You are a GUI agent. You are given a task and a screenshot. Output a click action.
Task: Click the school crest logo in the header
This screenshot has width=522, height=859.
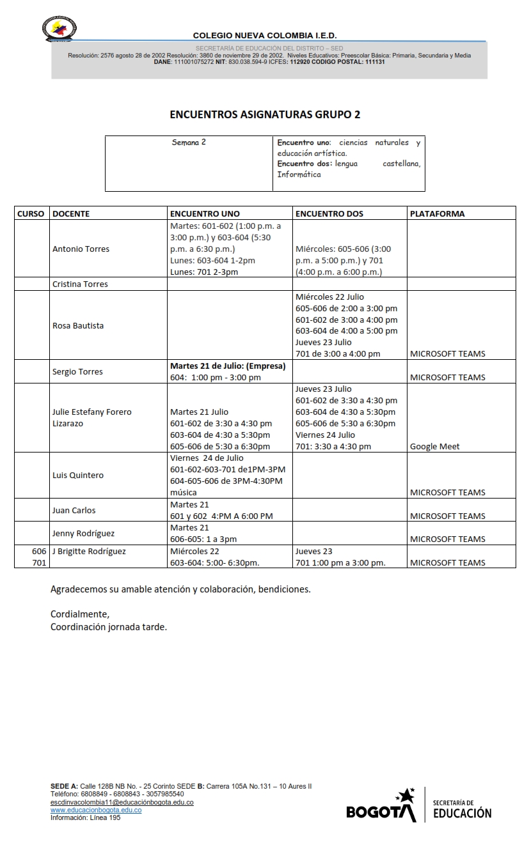click(x=59, y=29)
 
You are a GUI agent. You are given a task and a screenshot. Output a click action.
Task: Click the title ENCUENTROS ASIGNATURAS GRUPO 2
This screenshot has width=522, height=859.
click(x=265, y=115)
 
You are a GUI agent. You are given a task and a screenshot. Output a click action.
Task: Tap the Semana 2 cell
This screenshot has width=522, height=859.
click(x=189, y=143)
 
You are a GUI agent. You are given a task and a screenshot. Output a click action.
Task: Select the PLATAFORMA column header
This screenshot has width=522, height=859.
click(x=437, y=213)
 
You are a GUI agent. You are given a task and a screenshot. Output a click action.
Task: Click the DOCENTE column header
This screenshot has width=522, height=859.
click(x=71, y=213)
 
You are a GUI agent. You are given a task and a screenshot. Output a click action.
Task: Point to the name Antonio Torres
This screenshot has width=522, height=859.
click(x=81, y=249)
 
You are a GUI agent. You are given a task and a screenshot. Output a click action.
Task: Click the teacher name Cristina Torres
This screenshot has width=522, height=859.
click(x=80, y=284)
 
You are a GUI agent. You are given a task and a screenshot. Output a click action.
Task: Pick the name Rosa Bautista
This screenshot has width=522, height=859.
click(x=78, y=325)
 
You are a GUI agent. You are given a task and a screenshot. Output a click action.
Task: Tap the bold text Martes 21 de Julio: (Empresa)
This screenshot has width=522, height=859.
click(x=228, y=366)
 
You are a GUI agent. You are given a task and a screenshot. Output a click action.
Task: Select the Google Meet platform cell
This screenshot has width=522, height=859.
click(x=434, y=446)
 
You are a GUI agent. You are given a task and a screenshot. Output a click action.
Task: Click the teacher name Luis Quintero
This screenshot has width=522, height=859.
click(x=78, y=475)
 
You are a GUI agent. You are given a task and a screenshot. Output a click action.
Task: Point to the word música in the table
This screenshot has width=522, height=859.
click(x=184, y=493)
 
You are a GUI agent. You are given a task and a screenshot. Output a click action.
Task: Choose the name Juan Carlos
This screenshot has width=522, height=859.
click(x=74, y=510)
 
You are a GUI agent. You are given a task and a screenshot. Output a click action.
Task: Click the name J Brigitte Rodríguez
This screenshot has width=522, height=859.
click(x=89, y=551)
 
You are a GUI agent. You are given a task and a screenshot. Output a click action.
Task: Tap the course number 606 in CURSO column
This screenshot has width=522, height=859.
click(x=39, y=551)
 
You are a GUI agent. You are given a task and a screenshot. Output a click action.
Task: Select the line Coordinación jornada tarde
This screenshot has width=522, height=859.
click(x=109, y=627)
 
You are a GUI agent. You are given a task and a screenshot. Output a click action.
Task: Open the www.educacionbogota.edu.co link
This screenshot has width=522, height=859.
click(x=96, y=810)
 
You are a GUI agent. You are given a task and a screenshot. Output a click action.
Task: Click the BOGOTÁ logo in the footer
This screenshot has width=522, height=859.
click(x=381, y=807)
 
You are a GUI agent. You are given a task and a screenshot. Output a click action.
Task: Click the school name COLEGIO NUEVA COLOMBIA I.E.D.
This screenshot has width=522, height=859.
click(x=265, y=36)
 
